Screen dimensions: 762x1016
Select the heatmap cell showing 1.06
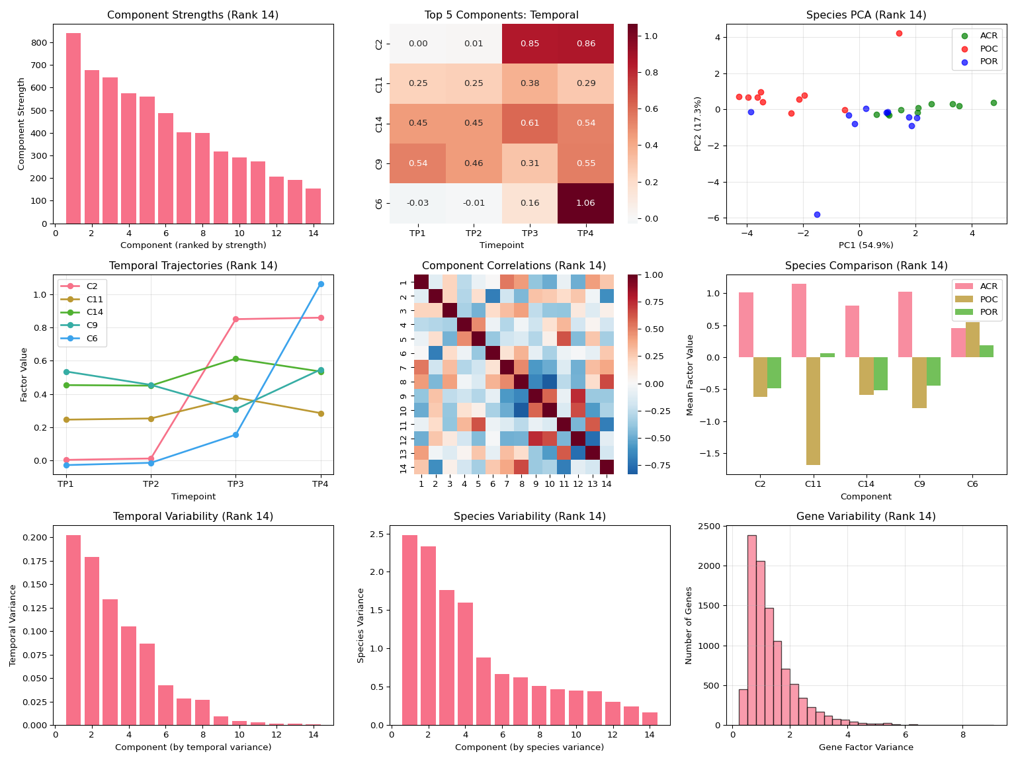pyautogui.click(x=585, y=203)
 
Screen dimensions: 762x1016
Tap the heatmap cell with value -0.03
pyautogui.click(x=417, y=203)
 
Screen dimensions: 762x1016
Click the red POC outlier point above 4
pyautogui.click(x=899, y=33)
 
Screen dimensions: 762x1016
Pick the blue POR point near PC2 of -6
pyautogui.click(x=817, y=214)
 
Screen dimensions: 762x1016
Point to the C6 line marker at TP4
pyautogui.click(x=321, y=284)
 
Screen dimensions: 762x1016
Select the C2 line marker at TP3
pyautogui.click(x=235, y=319)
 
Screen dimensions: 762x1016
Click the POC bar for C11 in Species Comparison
pyautogui.click(x=813, y=411)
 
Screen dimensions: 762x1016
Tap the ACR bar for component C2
pyautogui.click(x=746, y=325)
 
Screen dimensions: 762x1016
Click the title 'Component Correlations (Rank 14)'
pyautogui.click(x=514, y=266)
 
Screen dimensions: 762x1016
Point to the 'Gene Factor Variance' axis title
pyautogui.click(x=866, y=747)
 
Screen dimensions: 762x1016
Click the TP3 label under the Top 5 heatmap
pyautogui.click(x=529, y=233)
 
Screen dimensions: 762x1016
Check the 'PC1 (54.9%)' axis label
pyautogui.click(x=866, y=245)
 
